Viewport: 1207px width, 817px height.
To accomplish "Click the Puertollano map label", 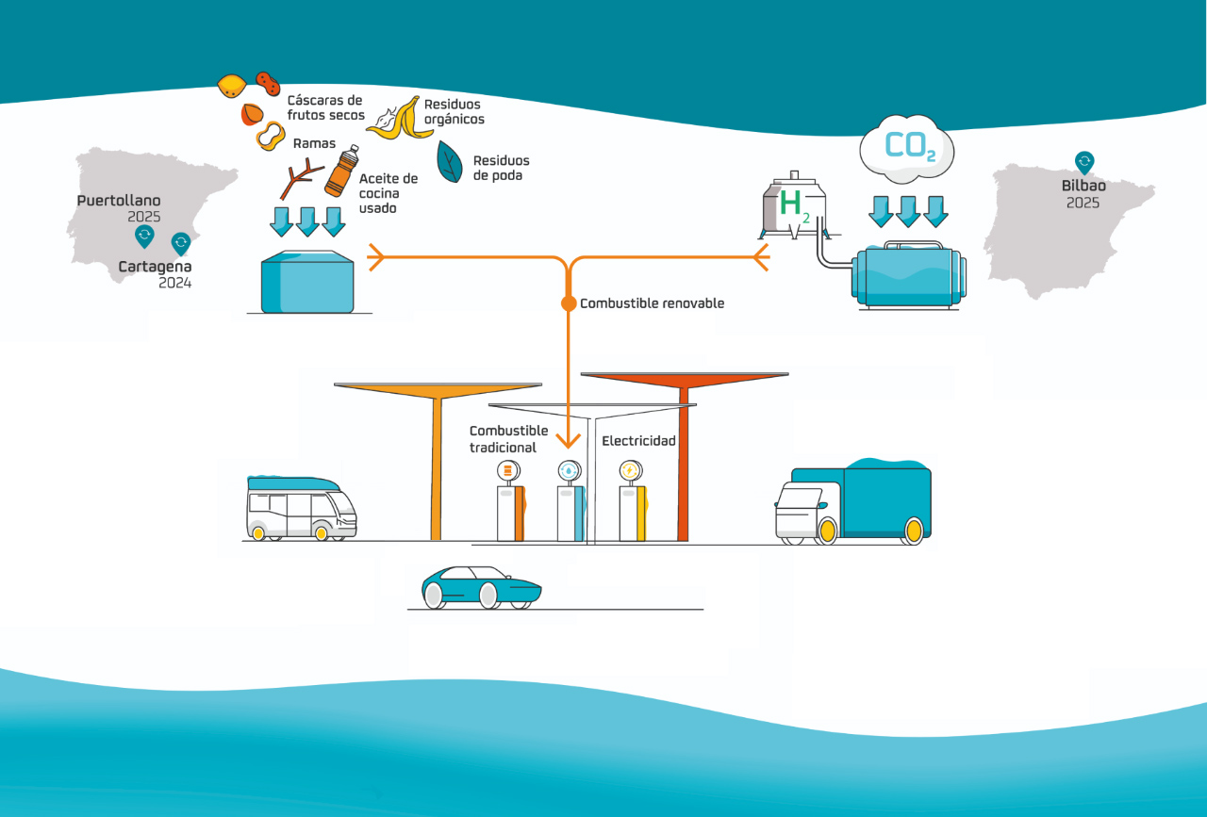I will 119,201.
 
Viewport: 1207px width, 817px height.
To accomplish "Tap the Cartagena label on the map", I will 155,268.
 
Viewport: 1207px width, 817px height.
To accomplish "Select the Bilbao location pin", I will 1084,163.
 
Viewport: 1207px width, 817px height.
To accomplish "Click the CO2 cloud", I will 907,149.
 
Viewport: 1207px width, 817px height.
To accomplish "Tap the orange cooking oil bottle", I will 341,171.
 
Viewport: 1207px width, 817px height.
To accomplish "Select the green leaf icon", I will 450,161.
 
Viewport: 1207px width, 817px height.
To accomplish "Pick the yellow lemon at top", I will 232,86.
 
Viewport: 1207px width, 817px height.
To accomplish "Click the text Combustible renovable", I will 652,303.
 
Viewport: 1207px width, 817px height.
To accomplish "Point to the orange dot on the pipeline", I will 569,303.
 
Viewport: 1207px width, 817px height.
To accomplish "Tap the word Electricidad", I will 638,440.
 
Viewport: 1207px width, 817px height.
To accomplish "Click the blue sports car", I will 480,586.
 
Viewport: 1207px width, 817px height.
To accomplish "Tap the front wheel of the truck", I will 827,531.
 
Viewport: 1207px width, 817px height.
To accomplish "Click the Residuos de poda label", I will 501,168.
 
